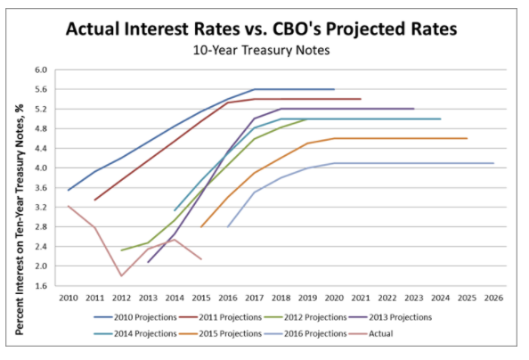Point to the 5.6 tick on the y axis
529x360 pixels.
pyautogui.click(x=39, y=89)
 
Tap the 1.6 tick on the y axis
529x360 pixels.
pyautogui.click(x=39, y=286)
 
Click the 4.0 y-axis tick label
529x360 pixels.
pyautogui.click(x=39, y=168)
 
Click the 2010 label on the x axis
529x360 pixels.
pyautogui.click(x=68, y=297)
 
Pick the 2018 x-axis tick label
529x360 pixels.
pyautogui.click(x=281, y=297)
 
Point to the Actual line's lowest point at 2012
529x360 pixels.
pyautogui.click(x=121, y=275)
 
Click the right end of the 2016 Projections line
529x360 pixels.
pyautogui.click(x=493, y=163)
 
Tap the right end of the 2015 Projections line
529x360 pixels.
pyautogui.click(x=467, y=138)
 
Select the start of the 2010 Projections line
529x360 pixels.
pyautogui.click(x=68, y=190)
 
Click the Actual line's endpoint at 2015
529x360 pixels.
pyautogui.click(x=201, y=259)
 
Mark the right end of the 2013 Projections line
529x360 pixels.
pyautogui.click(x=413, y=109)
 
